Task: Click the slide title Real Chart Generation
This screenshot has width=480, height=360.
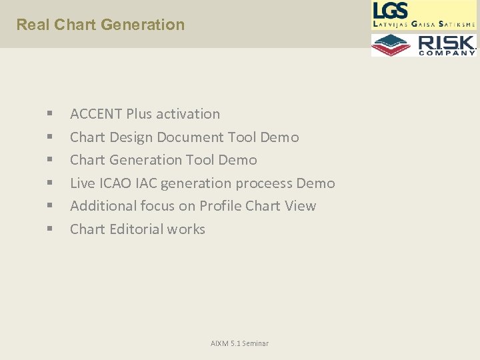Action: pyautogui.click(x=100, y=25)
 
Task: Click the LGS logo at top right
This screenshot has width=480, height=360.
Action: pyautogui.click(x=424, y=15)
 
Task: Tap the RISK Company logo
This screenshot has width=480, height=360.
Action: pyautogui.click(x=424, y=45)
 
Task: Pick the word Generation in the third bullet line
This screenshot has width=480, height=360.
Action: pyautogui.click(x=145, y=160)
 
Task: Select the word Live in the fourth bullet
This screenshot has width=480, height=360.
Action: pyautogui.click(x=83, y=183)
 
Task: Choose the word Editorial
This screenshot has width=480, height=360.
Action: pyautogui.click(x=136, y=229)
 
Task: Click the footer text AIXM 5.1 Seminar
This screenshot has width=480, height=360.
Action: pyautogui.click(x=239, y=343)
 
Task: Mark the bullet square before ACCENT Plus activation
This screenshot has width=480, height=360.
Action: pyautogui.click(x=50, y=115)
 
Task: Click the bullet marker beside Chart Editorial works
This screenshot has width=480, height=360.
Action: pyautogui.click(x=50, y=230)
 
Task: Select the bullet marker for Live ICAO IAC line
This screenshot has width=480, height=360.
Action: pyautogui.click(x=50, y=184)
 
